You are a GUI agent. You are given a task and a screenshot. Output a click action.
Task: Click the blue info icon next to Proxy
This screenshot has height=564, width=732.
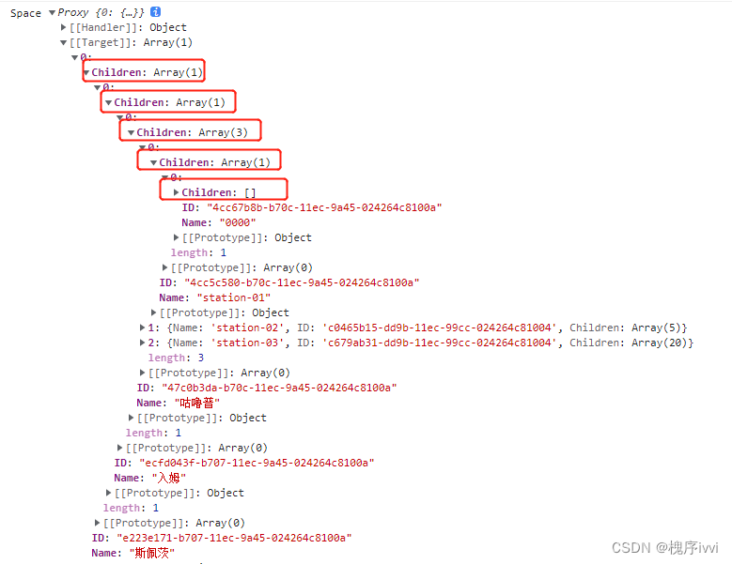pyautogui.click(x=156, y=11)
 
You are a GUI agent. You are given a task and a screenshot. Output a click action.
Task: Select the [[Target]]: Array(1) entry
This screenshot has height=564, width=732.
pyautogui.click(x=131, y=42)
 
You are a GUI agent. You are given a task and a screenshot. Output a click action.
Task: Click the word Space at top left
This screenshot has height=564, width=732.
pyautogui.click(x=25, y=13)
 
